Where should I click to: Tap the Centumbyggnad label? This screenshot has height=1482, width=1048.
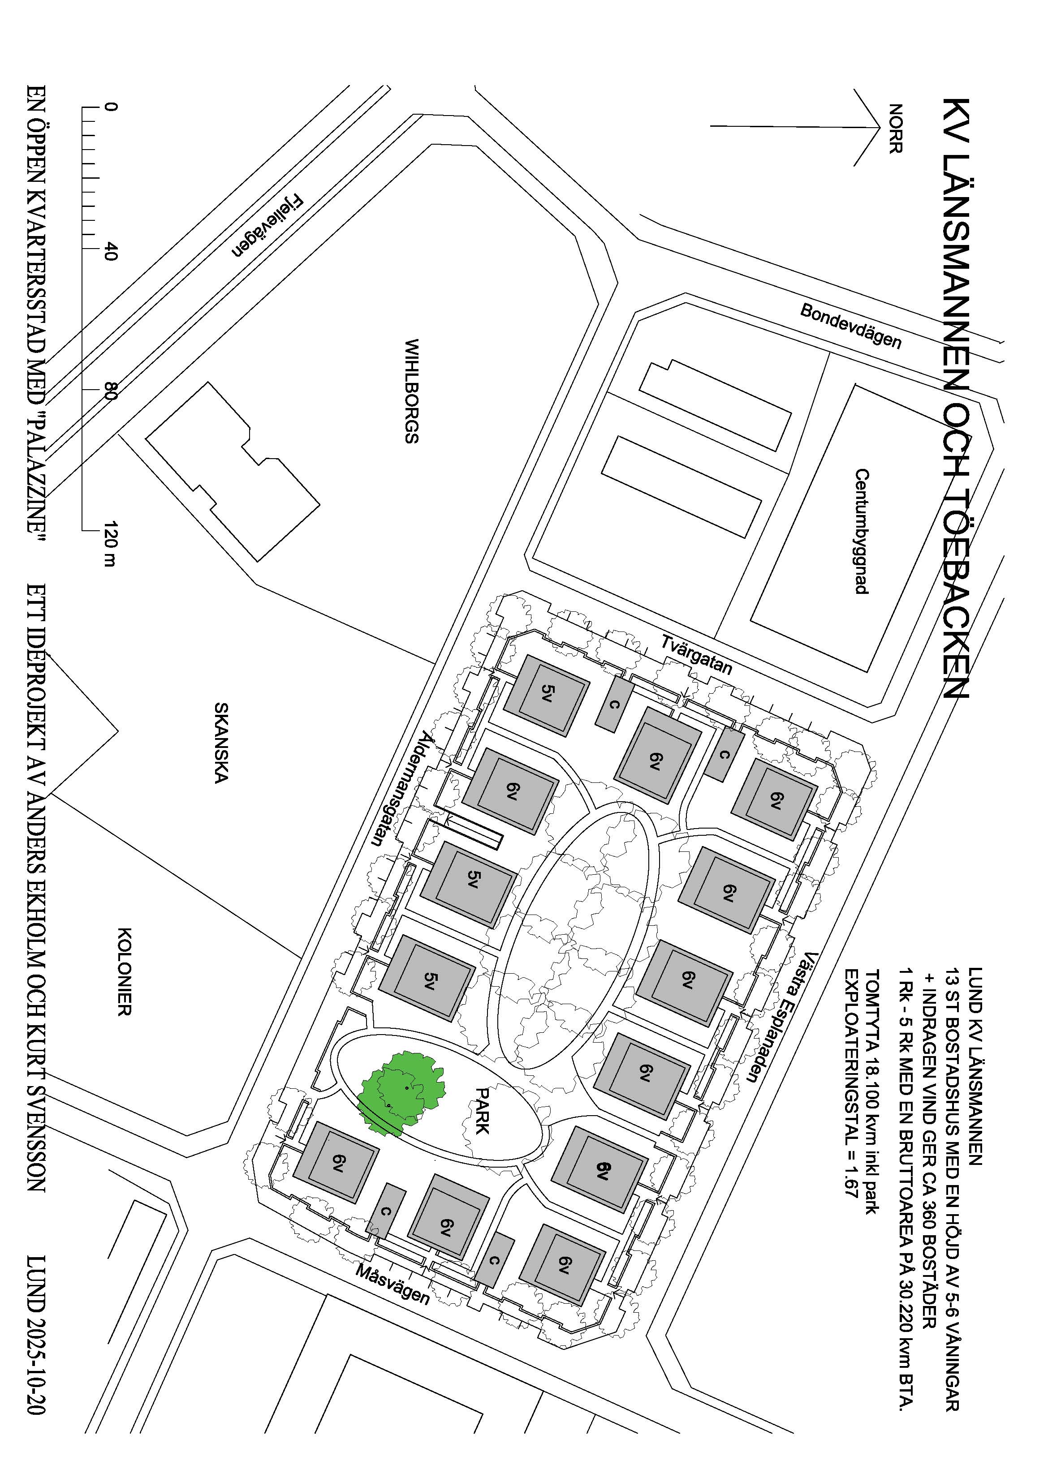[862, 531]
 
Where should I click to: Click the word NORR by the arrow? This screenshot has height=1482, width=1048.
[895, 129]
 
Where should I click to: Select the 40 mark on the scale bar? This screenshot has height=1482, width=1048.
[110, 249]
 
